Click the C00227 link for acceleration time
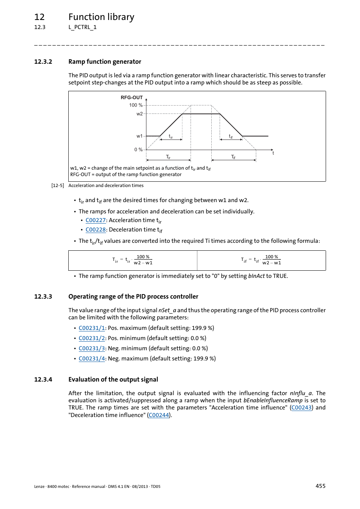click(95, 220)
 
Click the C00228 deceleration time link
click(95, 230)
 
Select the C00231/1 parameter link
click(92, 328)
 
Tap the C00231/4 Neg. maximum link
click(92, 359)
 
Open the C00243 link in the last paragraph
click(302, 408)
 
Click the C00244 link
click(159, 415)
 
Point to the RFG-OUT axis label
click(131, 97)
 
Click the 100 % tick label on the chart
click(135, 105)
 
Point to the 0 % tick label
click(138, 150)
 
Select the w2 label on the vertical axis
click(139, 114)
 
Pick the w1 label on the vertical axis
click(139, 136)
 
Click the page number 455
click(320, 486)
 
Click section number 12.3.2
click(43, 62)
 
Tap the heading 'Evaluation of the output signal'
click(113, 380)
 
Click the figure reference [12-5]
click(58, 186)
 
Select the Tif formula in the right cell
click(261, 260)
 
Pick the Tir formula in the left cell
click(132, 260)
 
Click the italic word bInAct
click(256, 276)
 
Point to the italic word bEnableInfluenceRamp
click(273, 400)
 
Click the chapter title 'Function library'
click(101, 17)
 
